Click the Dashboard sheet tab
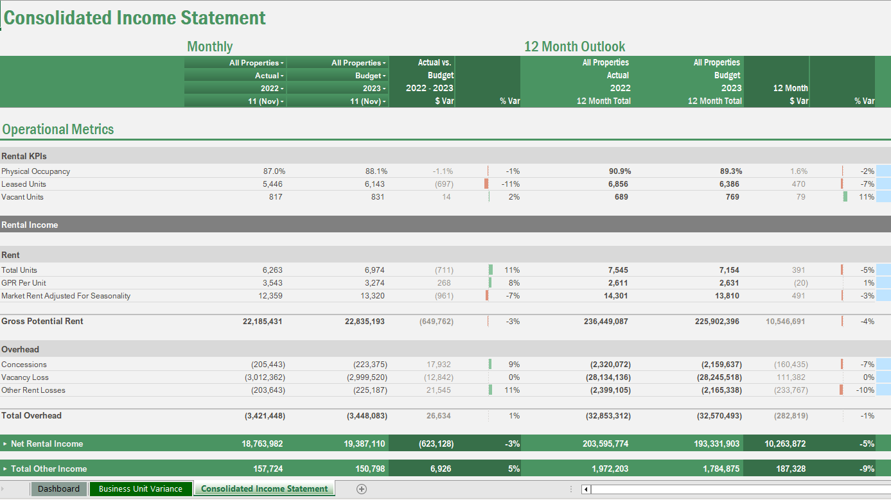point(58,489)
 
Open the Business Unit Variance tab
point(141,489)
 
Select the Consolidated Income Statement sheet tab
point(264,489)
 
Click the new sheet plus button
point(362,489)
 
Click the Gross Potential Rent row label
point(42,321)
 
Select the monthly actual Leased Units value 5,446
point(269,184)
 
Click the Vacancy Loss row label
point(25,377)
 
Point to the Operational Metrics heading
point(58,130)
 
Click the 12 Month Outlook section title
point(574,46)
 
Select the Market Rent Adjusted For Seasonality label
point(66,296)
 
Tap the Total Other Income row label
point(48,469)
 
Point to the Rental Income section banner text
point(30,225)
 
